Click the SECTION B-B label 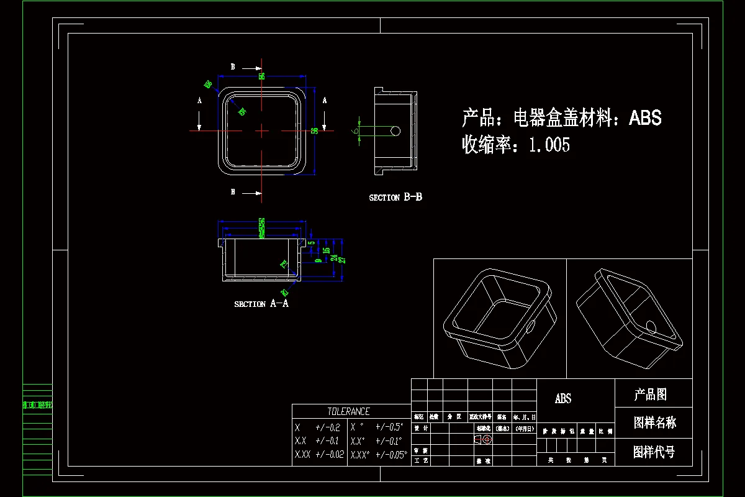(x=395, y=198)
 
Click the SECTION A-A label (x=261, y=304)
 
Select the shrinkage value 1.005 (x=549, y=145)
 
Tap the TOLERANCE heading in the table (x=348, y=411)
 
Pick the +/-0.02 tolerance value (x=329, y=455)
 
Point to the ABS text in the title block (x=563, y=399)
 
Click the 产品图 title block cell (x=650, y=394)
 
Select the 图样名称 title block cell (x=654, y=423)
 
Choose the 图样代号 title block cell (x=654, y=452)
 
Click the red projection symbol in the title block (x=484, y=439)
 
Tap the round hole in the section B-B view (x=395, y=131)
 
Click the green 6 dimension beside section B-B (x=355, y=131)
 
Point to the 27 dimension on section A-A (x=341, y=259)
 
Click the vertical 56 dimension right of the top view (x=315, y=130)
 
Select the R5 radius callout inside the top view (x=242, y=112)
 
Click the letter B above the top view (x=233, y=66)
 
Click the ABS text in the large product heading (x=645, y=117)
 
